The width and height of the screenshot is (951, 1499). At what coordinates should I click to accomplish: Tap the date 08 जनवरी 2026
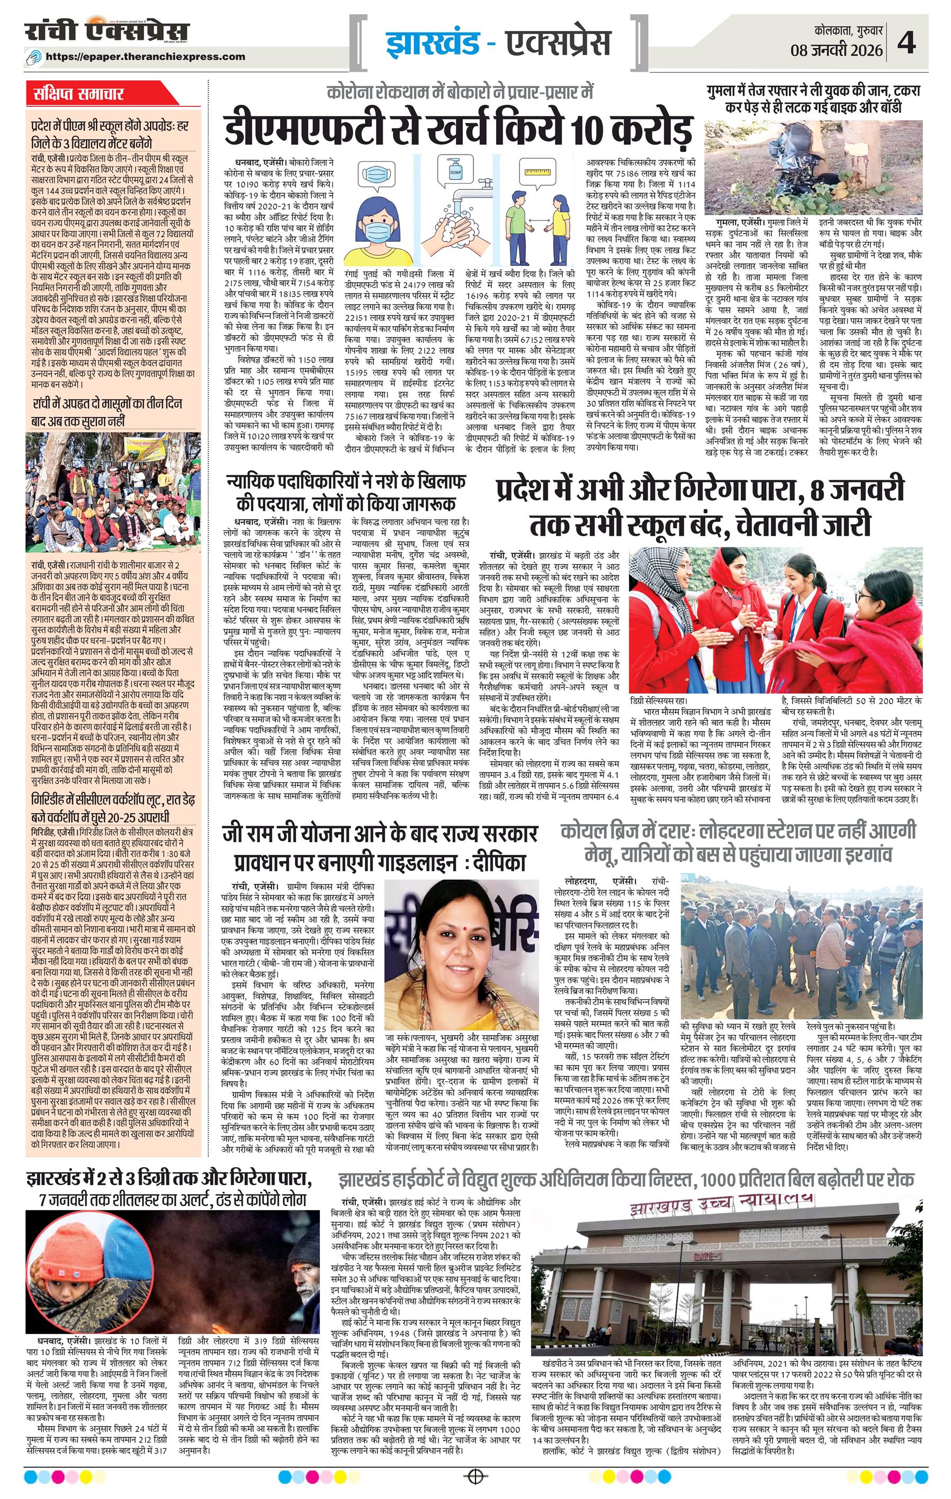(x=837, y=50)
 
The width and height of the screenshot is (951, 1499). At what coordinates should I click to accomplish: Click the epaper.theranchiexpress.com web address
(x=154, y=57)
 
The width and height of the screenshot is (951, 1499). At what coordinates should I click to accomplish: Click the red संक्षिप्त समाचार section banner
(x=78, y=95)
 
